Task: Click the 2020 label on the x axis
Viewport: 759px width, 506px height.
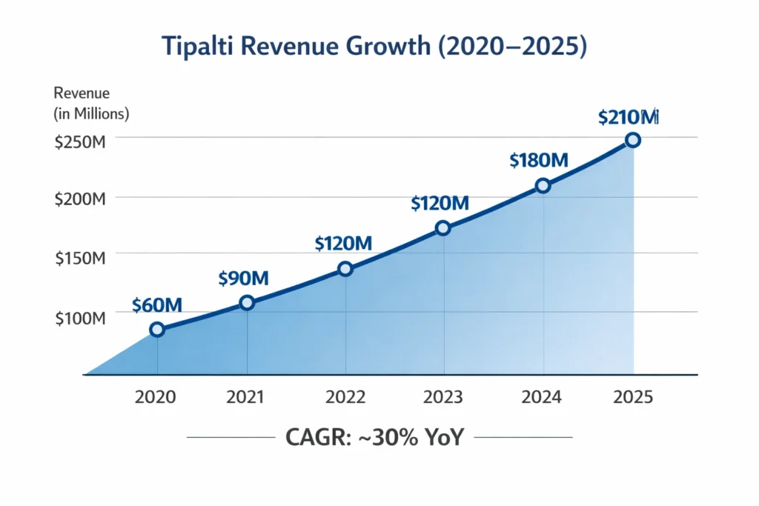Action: point(156,397)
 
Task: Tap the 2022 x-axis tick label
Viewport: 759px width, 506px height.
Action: point(345,397)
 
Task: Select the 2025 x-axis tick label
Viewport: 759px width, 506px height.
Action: point(633,397)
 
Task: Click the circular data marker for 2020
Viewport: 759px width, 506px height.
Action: point(157,330)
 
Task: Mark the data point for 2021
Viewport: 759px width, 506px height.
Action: point(247,302)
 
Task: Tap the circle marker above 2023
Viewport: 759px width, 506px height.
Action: point(443,228)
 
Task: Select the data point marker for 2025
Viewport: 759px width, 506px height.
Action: point(632,140)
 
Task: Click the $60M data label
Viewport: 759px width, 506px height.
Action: point(156,304)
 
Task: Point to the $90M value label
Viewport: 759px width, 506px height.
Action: point(243,279)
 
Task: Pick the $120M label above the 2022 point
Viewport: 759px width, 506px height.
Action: point(342,243)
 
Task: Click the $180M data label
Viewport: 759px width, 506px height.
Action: point(539,160)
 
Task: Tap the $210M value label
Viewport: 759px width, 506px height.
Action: point(629,117)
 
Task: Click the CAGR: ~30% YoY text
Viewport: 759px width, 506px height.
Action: point(374,437)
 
